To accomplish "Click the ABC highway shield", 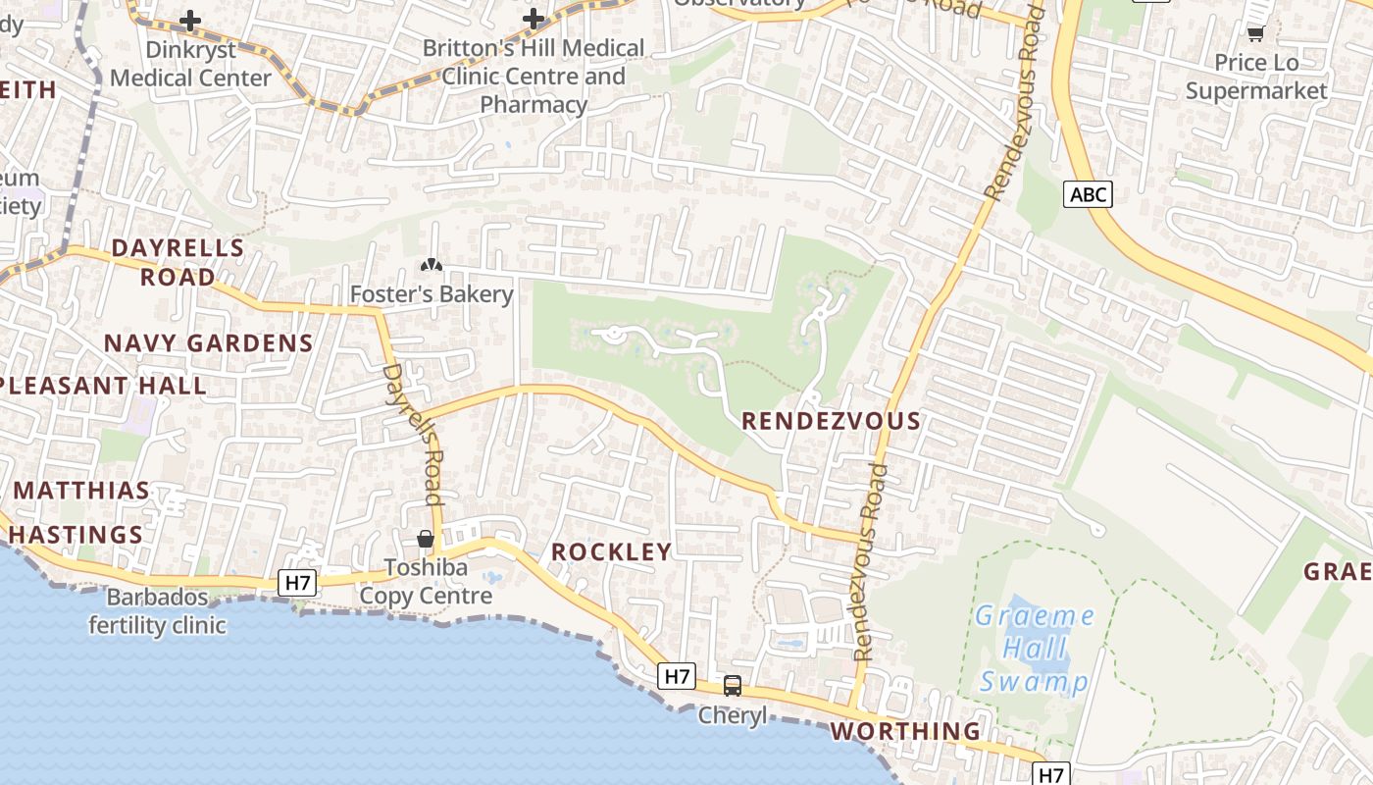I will [1088, 194].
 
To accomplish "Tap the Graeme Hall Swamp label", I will [1035, 649].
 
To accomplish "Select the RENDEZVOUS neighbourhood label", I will [831, 421].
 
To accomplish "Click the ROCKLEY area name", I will [611, 551].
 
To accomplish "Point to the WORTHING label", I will [905, 731].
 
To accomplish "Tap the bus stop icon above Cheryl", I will [733, 686].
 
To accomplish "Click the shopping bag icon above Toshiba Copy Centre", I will [426, 539].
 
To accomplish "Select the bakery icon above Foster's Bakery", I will [431, 265].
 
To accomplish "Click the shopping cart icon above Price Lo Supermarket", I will [1255, 33].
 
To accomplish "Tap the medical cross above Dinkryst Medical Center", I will [190, 20].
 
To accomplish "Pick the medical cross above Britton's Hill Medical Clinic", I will [534, 19].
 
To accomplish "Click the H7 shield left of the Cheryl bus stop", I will [678, 675].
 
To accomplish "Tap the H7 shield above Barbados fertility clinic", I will [298, 583].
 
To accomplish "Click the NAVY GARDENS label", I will [208, 343].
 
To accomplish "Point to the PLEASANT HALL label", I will [103, 386].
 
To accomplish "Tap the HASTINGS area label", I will [76, 535].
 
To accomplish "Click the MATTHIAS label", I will [82, 491].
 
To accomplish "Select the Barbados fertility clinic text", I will [157, 611].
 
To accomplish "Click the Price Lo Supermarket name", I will [1256, 77].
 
